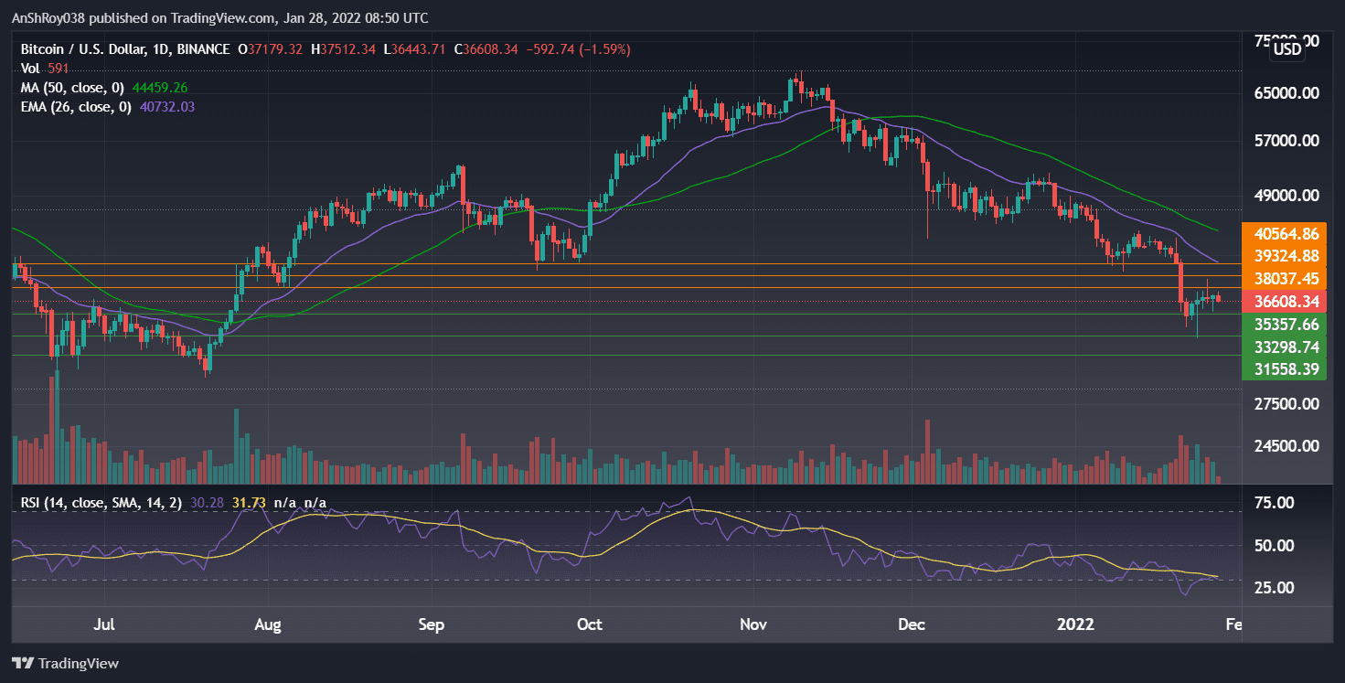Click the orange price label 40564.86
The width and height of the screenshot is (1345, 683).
(x=1286, y=233)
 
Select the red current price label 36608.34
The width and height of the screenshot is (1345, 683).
(x=1286, y=302)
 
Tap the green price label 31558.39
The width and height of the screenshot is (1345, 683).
(x=1286, y=369)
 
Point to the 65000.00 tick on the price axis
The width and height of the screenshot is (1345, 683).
(x=1286, y=93)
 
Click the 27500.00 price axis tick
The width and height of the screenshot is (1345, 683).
(x=1286, y=404)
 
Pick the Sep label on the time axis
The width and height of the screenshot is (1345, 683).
(x=431, y=625)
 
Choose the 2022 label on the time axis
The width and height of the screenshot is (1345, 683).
(x=1075, y=625)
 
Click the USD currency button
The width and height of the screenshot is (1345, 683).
(x=1287, y=49)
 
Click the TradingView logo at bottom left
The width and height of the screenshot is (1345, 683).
(x=66, y=663)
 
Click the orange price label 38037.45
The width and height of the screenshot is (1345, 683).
(x=1286, y=279)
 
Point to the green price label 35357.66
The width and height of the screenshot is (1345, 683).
(x=1286, y=325)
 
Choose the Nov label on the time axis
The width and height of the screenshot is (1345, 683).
(x=753, y=625)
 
